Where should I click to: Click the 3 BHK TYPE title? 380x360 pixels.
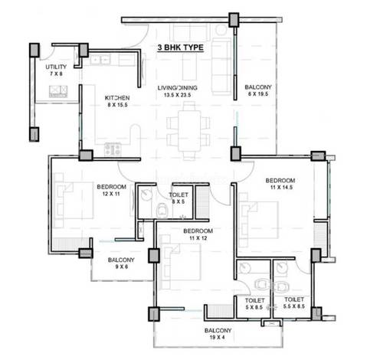[181, 47]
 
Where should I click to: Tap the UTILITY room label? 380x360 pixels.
[56, 67]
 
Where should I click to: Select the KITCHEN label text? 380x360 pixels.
[117, 98]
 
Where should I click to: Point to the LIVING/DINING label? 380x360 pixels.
[177, 88]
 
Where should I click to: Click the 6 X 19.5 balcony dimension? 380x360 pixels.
[258, 94]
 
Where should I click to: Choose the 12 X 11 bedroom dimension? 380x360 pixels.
[111, 194]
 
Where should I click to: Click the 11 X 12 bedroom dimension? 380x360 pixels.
[198, 238]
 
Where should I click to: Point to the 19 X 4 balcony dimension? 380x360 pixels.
[218, 337]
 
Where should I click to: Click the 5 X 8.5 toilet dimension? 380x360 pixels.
[254, 307]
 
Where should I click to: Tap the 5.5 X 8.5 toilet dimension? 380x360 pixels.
[294, 306]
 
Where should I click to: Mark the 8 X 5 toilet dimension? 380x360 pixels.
[179, 201]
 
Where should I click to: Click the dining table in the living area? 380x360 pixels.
[189, 131]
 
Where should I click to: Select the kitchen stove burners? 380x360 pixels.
[113, 149]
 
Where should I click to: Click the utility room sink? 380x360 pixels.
[58, 91]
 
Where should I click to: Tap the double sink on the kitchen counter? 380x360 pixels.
[100, 61]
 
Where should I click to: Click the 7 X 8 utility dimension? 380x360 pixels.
[56, 74]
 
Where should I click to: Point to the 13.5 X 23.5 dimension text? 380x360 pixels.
[178, 95]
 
